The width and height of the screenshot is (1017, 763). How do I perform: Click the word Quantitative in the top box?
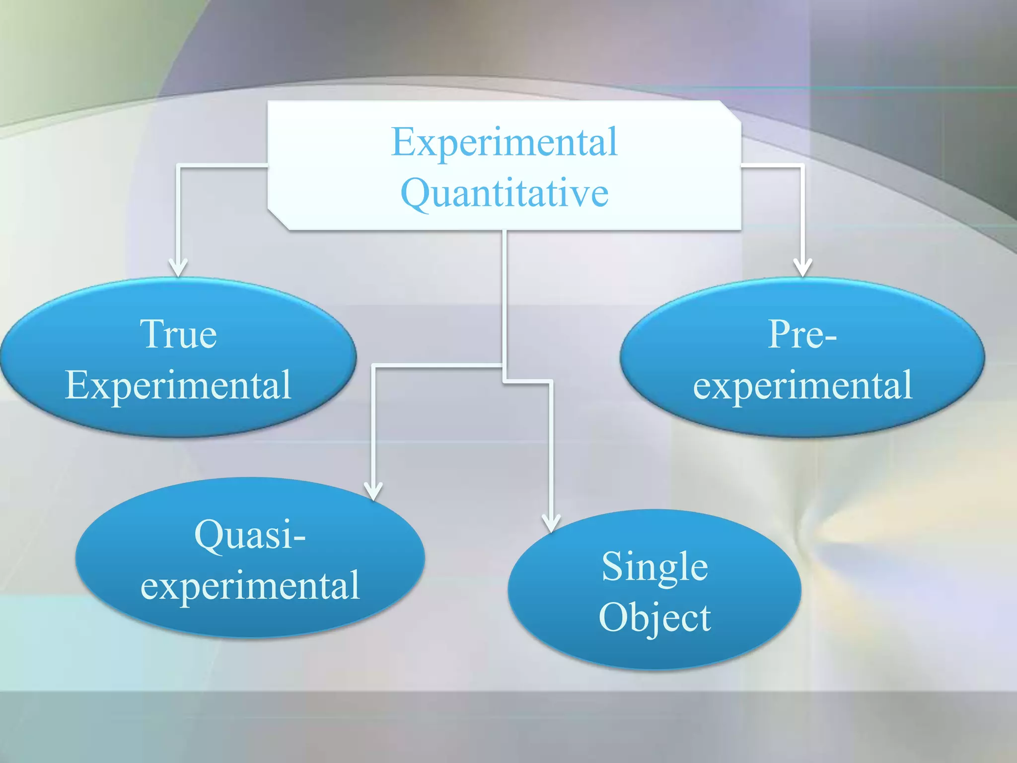505,194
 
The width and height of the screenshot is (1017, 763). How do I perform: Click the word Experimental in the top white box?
505,143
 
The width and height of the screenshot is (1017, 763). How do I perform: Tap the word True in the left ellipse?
178,334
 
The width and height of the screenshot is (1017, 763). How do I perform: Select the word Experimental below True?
178,385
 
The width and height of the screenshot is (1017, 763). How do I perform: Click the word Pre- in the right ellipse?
802,334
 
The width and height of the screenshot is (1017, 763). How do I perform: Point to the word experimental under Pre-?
802,385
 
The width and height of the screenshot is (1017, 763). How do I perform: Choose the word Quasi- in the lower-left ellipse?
250,535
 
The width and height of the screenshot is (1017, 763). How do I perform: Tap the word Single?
654,567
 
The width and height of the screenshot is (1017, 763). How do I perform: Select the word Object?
654,617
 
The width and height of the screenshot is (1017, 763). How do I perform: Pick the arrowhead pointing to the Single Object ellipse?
551,523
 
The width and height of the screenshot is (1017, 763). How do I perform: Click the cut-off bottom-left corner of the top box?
277,221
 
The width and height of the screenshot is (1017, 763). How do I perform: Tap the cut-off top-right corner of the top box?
731,110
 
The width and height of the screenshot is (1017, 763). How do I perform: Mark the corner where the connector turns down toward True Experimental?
179,166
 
